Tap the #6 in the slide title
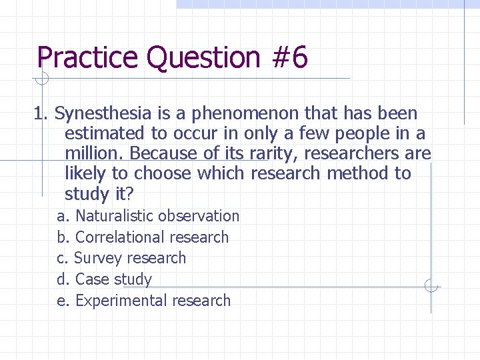(x=290, y=58)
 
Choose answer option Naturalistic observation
(x=157, y=216)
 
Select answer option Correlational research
(x=152, y=237)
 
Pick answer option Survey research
(x=130, y=258)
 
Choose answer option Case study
(x=113, y=279)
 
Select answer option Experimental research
(x=153, y=301)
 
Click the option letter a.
(x=61, y=217)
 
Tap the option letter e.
(x=61, y=301)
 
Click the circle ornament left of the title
(x=41, y=79)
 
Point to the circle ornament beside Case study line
(x=431, y=287)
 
